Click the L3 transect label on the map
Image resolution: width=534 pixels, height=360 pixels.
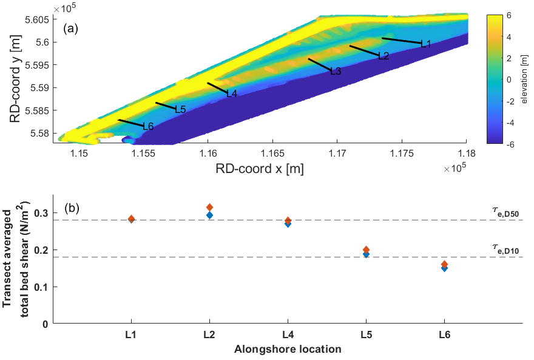click(336, 72)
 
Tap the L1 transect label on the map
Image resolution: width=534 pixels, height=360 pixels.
click(425, 44)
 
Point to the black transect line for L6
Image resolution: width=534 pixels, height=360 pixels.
click(130, 123)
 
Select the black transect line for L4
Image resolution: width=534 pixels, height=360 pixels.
click(217, 88)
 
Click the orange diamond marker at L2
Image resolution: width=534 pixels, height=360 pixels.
click(210, 208)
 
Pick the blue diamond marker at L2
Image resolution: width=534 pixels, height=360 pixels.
click(210, 215)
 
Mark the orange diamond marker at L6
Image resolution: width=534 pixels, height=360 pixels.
click(445, 264)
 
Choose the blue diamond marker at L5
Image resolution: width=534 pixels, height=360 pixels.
click(366, 254)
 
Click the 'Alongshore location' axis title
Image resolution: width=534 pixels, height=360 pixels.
click(288, 349)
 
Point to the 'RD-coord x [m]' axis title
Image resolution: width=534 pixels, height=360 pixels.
click(260, 169)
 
